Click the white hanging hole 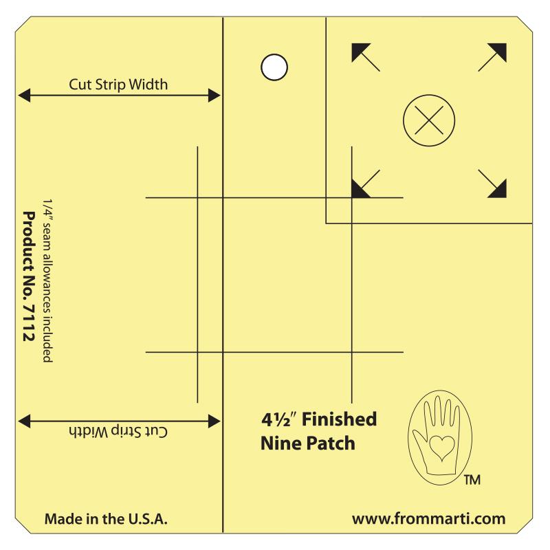pyautogui.click(x=274, y=67)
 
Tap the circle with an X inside pyautogui.click(x=429, y=120)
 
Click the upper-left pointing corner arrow pyautogui.click(x=366, y=57)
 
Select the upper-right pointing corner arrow pyautogui.click(x=492, y=57)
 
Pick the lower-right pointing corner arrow pyautogui.click(x=492, y=184)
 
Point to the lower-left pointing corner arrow pyautogui.click(x=366, y=184)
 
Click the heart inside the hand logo pyautogui.click(x=441, y=448)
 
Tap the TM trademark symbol pyautogui.click(x=472, y=479)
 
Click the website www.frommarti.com pyautogui.click(x=428, y=519)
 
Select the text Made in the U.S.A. pyautogui.click(x=106, y=519)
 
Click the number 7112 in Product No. pyautogui.click(x=28, y=322)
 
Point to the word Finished pyautogui.click(x=339, y=419)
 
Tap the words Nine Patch pyautogui.click(x=308, y=443)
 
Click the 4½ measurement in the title pyautogui.click(x=279, y=419)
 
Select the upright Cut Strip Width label pyautogui.click(x=118, y=85)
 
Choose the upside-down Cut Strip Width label pyautogui.click(x=118, y=432)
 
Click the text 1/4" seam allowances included pyautogui.click(x=47, y=281)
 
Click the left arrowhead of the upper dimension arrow pyautogui.click(x=24, y=96)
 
